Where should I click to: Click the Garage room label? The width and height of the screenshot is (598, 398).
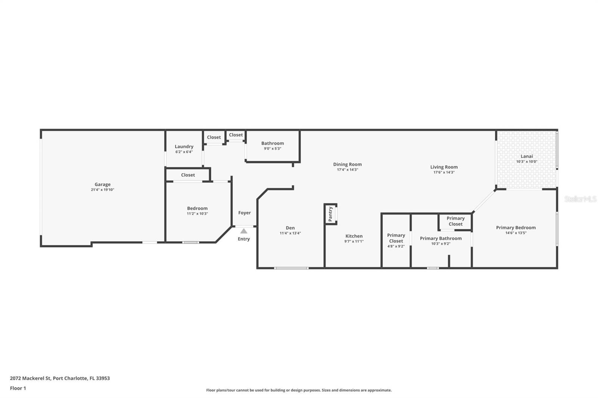coord(102,184)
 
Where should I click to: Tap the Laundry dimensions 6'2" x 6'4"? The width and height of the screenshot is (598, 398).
coord(184,152)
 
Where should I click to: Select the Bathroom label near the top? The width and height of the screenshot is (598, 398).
coord(272,143)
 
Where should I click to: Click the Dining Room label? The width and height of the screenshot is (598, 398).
coord(347,164)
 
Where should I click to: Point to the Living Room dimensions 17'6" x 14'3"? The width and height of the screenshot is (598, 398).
coord(444,172)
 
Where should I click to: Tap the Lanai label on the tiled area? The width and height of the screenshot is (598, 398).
coord(527,156)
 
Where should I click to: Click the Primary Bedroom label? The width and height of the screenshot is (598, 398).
coord(516,227)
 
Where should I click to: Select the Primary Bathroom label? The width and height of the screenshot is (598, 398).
coord(441,238)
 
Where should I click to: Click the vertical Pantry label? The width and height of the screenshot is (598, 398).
coord(330,214)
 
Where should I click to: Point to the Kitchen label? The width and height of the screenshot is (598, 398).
coord(354,236)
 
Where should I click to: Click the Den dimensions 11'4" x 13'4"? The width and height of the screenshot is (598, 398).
coord(290,233)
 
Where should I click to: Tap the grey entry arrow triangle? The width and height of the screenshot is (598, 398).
coord(244,231)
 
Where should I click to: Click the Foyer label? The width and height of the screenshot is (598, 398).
coord(244,213)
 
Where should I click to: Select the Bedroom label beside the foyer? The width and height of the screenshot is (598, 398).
coord(197,208)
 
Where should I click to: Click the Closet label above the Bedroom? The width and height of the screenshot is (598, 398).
coord(188,175)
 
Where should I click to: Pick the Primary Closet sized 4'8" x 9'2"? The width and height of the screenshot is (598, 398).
coord(396,238)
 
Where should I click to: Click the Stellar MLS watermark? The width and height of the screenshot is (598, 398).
coord(580,199)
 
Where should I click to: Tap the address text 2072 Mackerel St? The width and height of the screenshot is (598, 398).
coord(30,378)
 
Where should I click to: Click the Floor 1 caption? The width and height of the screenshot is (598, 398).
coord(18,388)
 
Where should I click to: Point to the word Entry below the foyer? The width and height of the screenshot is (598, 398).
coord(244,239)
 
